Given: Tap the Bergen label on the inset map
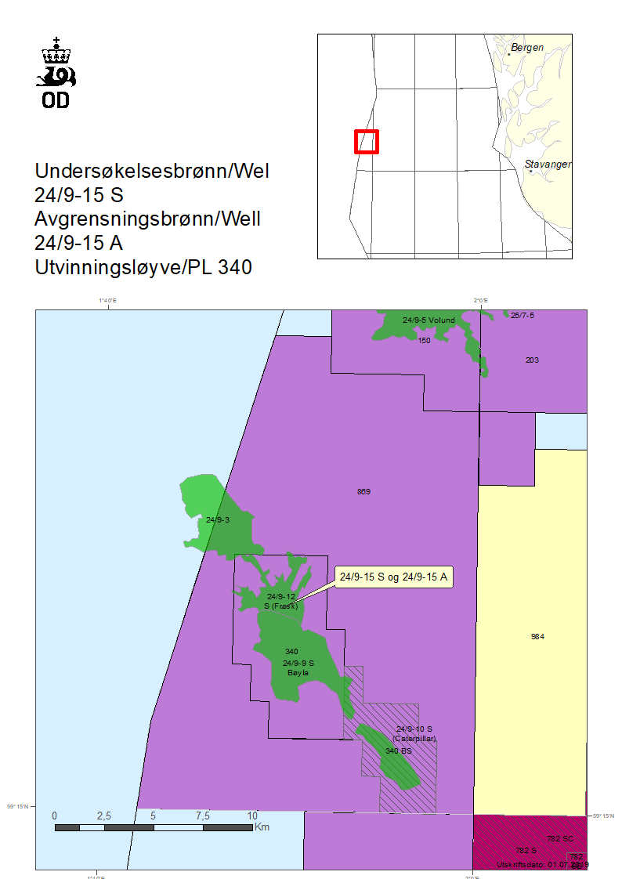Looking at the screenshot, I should pos(526,48).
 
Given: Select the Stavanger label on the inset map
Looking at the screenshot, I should pos(548,165).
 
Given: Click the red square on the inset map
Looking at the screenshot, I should pos(367,142).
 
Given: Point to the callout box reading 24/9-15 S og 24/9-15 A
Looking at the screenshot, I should pos(394,577).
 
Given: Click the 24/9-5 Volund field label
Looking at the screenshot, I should pos(429,320).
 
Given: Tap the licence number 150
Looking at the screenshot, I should pos(424,341).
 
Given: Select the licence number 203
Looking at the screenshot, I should pos(533,360).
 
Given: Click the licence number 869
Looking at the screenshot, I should pos(363,492).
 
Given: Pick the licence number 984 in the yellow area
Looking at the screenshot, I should pos(537,636).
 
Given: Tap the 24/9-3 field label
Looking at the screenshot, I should pos(217,519).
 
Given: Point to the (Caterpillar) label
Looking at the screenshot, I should pos(415,738).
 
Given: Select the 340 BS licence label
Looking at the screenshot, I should pos(398,751).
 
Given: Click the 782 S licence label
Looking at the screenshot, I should pos(526,850).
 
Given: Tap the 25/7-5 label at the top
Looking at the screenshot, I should pos(522,315).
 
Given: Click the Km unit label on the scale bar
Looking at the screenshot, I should pos(262,827).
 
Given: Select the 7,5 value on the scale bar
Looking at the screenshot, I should pos(203,816).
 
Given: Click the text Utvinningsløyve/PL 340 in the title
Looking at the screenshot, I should pos(143,267).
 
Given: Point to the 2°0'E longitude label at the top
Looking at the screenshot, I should pos(480,300).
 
